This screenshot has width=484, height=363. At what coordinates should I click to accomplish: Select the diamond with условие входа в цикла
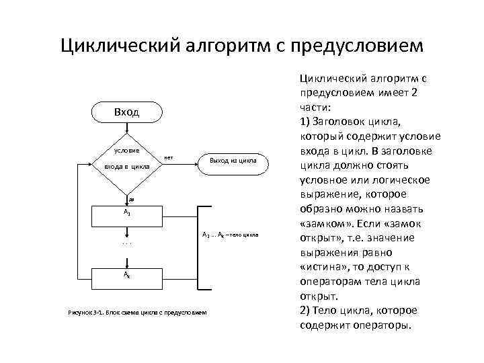click(x=126, y=159)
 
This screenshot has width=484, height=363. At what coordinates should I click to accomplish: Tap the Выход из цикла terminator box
click(x=233, y=161)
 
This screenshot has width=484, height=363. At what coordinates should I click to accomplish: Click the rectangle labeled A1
click(x=126, y=212)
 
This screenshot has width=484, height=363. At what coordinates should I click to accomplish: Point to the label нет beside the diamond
click(x=168, y=157)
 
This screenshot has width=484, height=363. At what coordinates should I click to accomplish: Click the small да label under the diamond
click(x=132, y=200)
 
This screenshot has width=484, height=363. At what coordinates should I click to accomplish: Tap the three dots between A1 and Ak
click(x=126, y=243)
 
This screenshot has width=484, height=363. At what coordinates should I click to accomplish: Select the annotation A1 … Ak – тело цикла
click(x=229, y=235)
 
